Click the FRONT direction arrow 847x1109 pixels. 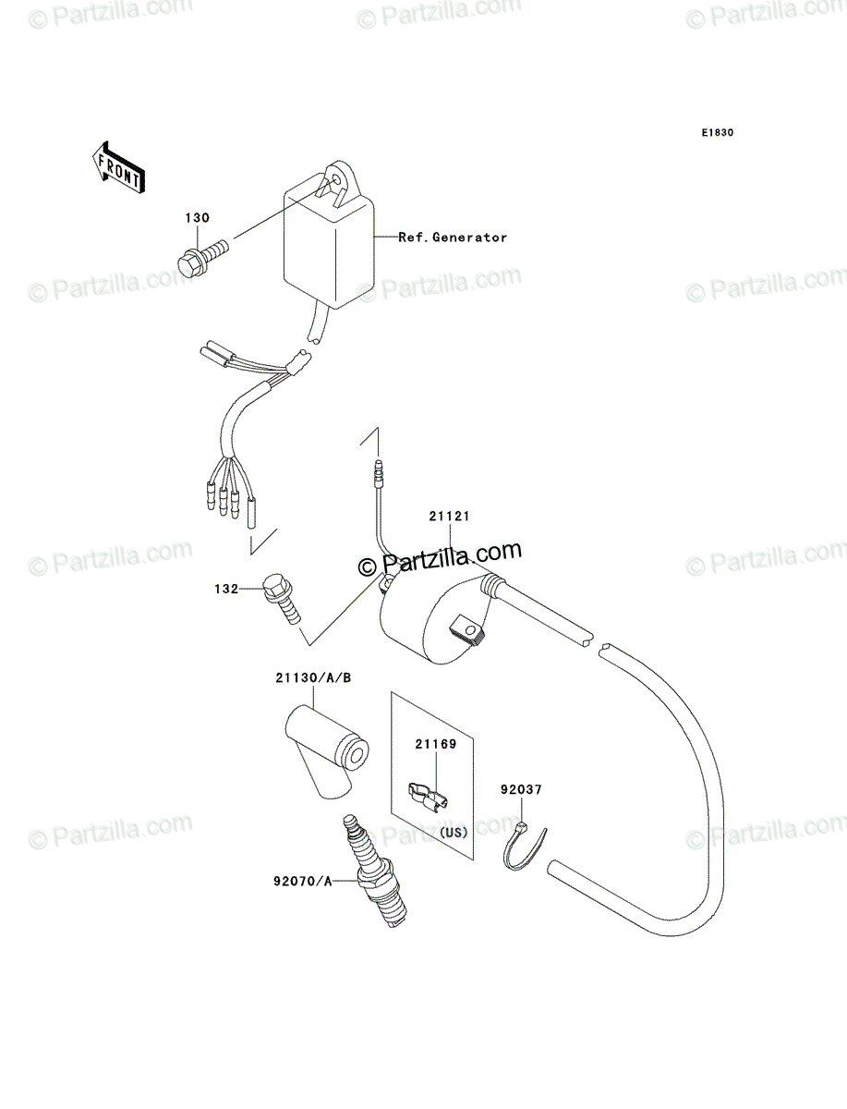coord(118,167)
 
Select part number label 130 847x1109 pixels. coord(197,218)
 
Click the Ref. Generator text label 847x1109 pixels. coord(453,237)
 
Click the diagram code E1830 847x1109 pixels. coord(717,132)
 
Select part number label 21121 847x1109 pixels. coord(449,516)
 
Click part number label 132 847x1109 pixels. coord(226,589)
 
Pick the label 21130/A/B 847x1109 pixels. coord(313,677)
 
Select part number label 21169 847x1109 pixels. coord(436,744)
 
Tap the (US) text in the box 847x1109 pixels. coord(454,832)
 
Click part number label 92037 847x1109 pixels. coord(521,788)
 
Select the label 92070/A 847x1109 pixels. coord(303,881)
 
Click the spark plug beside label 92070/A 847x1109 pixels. coord(374,871)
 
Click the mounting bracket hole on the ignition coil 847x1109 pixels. coord(470,629)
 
